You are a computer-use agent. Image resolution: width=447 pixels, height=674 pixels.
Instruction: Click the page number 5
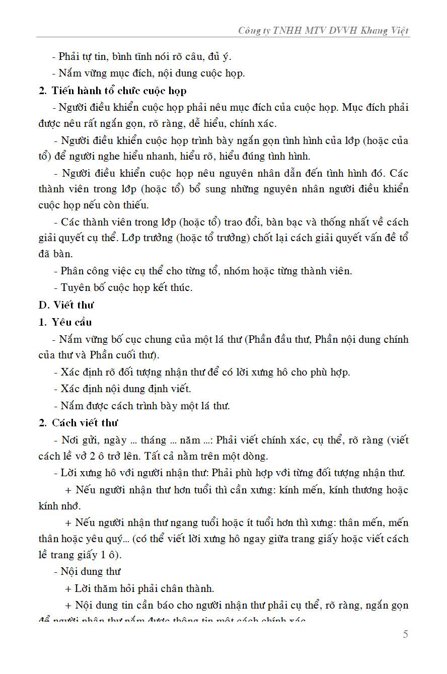point(405,634)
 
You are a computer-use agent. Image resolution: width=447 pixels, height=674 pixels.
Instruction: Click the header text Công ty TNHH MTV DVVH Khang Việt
point(324,31)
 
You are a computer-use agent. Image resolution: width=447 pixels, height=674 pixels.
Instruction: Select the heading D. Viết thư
point(66,305)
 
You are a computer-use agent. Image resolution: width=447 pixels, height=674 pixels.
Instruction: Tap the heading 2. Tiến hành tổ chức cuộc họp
point(112,91)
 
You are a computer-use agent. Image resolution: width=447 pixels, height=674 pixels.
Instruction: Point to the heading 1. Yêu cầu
point(65,322)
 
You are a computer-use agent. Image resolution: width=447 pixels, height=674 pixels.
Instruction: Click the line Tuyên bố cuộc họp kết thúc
point(123,288)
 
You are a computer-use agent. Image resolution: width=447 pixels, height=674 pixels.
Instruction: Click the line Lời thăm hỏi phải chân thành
point(139,588)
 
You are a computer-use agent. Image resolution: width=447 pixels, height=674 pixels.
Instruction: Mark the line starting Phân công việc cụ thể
point(202,271)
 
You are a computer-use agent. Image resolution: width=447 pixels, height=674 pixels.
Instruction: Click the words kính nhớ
point(59,506)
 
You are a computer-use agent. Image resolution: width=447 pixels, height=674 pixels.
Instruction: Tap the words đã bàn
point(55,254)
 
